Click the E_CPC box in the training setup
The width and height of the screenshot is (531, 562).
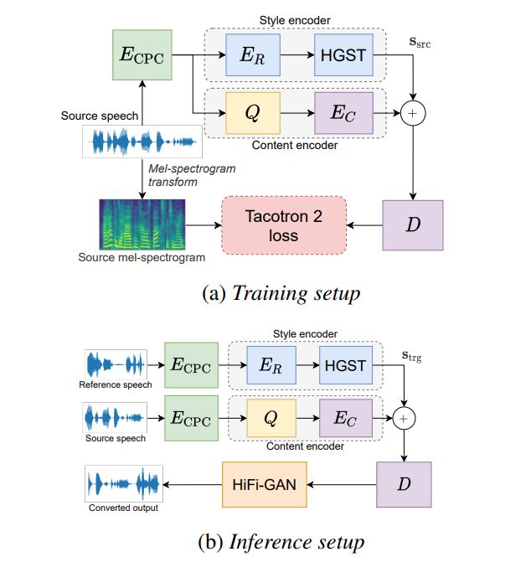[x=142, y=56]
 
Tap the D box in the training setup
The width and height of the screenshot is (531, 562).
[x=412, y=225]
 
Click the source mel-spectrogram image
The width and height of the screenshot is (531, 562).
[x=142, y=224]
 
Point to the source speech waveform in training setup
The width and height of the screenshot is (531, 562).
[x=142, y=142]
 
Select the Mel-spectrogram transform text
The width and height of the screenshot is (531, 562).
[x=190, y=174]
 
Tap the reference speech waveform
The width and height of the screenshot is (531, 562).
[x=116, y=365]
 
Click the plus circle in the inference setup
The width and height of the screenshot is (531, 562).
[x=405, y=417]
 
